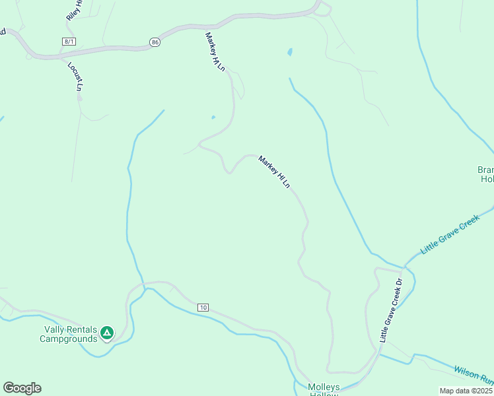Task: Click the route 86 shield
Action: [x=155, y=42]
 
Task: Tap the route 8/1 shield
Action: [x=68, y=42]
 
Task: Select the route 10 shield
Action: [x=203, y=308]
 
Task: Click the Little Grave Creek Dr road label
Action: [x=390, y=310]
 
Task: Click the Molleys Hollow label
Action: [x=324, y=390]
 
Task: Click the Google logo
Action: [x=22, y=388]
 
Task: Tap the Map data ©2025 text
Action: [x=466, y=391]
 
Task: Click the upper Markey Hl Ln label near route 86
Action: [x=215, y=51]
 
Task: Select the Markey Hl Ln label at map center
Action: [x=274, y=172]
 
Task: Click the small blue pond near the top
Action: [x=290, y=51]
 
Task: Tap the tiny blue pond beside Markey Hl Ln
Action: [x=213, y=117]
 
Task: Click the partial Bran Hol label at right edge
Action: [x=485, y=174]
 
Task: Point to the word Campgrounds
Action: [x=69, y=339]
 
